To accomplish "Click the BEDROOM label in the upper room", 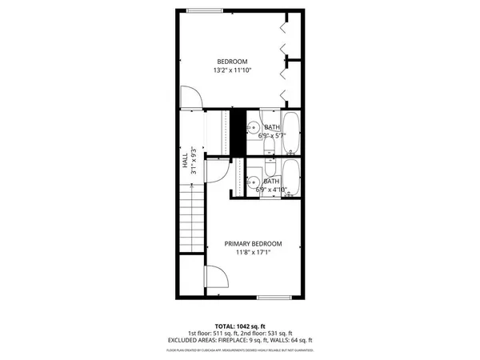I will click(232, 62).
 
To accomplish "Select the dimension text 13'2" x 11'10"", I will click(232, 71).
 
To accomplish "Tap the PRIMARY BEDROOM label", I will click(253, 244).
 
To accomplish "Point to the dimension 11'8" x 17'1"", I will click(253, 254).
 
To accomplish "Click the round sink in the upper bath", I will click(252, 126).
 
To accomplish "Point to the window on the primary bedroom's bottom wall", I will click(272, 298).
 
